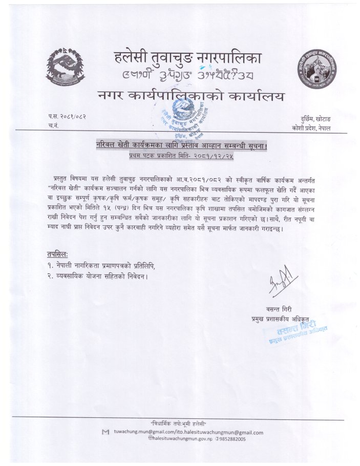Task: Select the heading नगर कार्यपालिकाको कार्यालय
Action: [189, 96]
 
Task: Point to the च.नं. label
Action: [52, 126]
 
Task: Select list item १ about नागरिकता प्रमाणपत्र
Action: [100, 266]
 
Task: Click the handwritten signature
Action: [279, 285]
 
